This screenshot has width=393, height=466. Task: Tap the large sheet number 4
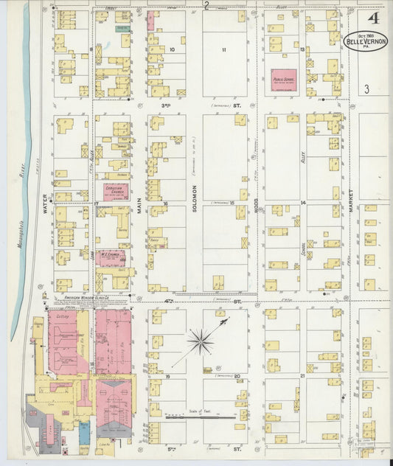(x=366, y=15)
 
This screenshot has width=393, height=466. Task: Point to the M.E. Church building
(x=111, y=257)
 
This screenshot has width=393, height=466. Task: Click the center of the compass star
(x=200, y=341)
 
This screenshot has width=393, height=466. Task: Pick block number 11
(x=223, y=49)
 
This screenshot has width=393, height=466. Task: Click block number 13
(x=302, y=49)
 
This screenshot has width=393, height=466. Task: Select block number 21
(x=302, y=375)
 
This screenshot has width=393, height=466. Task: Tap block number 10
(x=172, y=49)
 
